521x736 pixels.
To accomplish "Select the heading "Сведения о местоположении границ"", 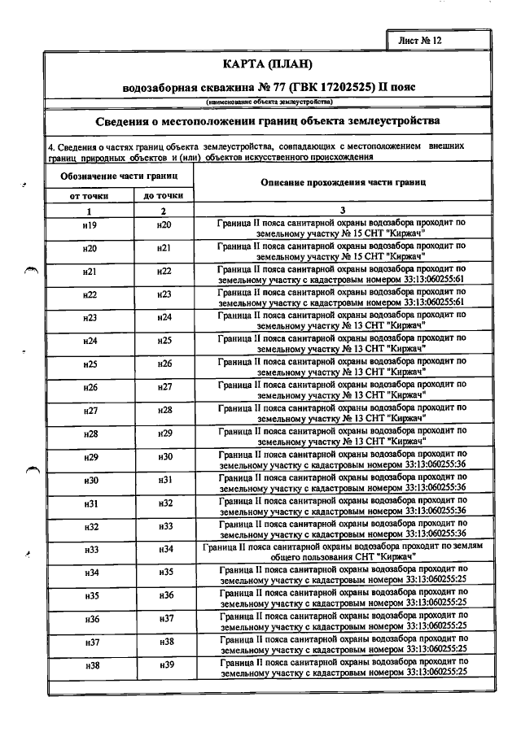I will tap(268, 120).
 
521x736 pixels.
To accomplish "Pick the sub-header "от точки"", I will tap(90, 196).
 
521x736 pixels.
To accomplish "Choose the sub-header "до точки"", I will tap(164, 196).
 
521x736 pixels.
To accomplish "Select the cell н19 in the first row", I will tap(90, 225).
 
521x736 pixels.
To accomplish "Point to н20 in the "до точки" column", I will tap(164, 225).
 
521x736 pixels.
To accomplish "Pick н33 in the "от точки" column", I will tap(90, 573).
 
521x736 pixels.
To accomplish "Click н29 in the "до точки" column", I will tap(164, 433).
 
